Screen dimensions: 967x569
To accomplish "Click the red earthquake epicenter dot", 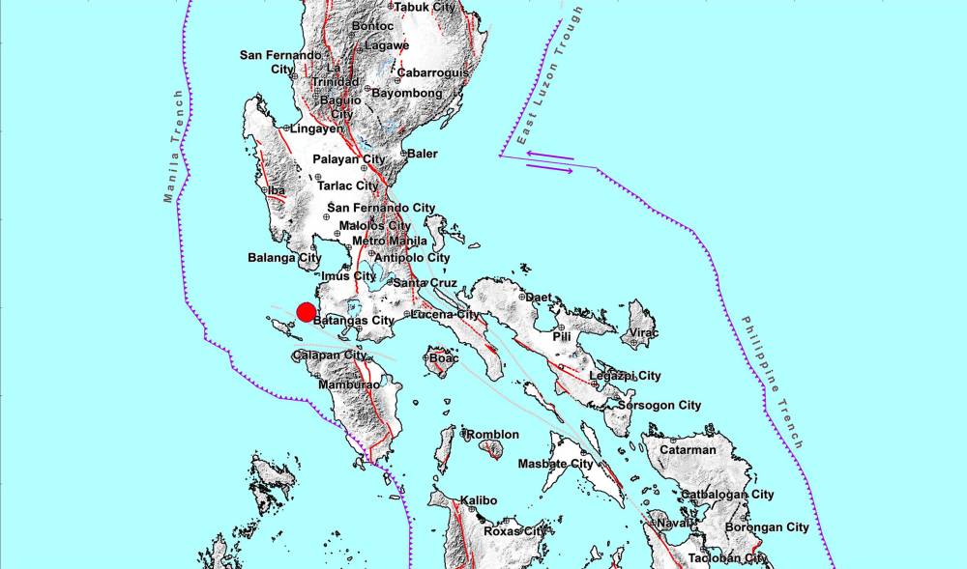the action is tap(305, 312).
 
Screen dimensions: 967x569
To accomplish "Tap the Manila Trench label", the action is tap(172, 147).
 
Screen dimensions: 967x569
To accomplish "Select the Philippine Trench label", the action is tap(773, 382).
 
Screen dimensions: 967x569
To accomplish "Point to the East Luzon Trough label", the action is tap(550, 76).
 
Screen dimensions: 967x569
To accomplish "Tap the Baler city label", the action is tap(422, 154).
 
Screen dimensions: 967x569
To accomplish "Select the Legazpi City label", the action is tap(625, 376).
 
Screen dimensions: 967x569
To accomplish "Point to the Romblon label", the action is tap(493, 435).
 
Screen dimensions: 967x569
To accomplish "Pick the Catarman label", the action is tap(688, 449).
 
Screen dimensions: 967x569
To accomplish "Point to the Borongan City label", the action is tap(771, 527).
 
